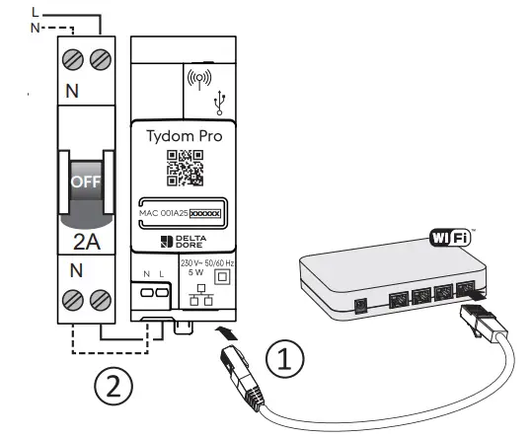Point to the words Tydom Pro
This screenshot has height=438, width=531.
point(186,135)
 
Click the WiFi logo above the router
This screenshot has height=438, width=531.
point(451,237)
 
